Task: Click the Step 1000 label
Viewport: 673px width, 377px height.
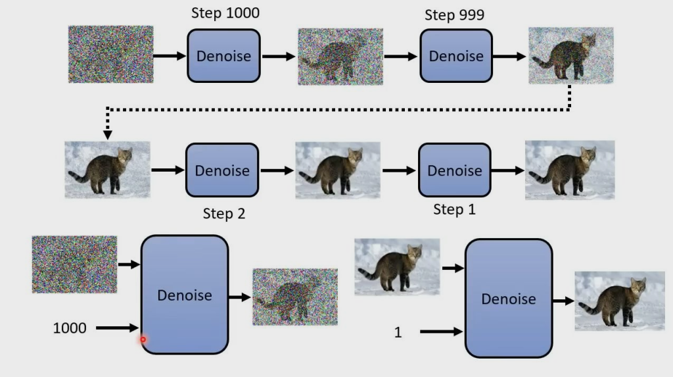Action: tap(225, 13)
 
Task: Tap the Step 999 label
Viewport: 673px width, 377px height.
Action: tap(454, 15)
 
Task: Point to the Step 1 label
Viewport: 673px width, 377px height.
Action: tap(454, 210)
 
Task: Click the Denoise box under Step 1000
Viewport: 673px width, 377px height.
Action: tap(223, 56)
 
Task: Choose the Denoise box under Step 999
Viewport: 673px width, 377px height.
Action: tap(456, 56)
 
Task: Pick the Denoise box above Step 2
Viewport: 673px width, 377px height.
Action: tap(222, 170)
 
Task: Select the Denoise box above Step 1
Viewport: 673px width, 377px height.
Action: tap(454, 170)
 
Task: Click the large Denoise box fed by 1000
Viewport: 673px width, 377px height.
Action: tap(185, 295)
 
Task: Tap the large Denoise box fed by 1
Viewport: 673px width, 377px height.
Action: tap(509, 298)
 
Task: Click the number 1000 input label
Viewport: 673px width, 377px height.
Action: tap(70, 328)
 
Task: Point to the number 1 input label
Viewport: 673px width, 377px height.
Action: tap(398, 332)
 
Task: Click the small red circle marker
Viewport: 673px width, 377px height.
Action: tap(143, 339)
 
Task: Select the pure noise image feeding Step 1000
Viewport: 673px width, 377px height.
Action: tap(110, 54)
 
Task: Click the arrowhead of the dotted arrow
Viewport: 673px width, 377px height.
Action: tap(108, 134)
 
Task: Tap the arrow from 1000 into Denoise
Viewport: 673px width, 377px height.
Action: tap(118, 328)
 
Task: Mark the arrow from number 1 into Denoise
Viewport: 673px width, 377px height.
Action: tap(441, 332)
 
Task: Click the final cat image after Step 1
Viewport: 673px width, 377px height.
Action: tap(569, 170)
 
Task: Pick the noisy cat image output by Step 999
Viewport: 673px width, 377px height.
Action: tap(570, 55)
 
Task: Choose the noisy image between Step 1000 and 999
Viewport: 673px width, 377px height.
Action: tap(340, 57)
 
